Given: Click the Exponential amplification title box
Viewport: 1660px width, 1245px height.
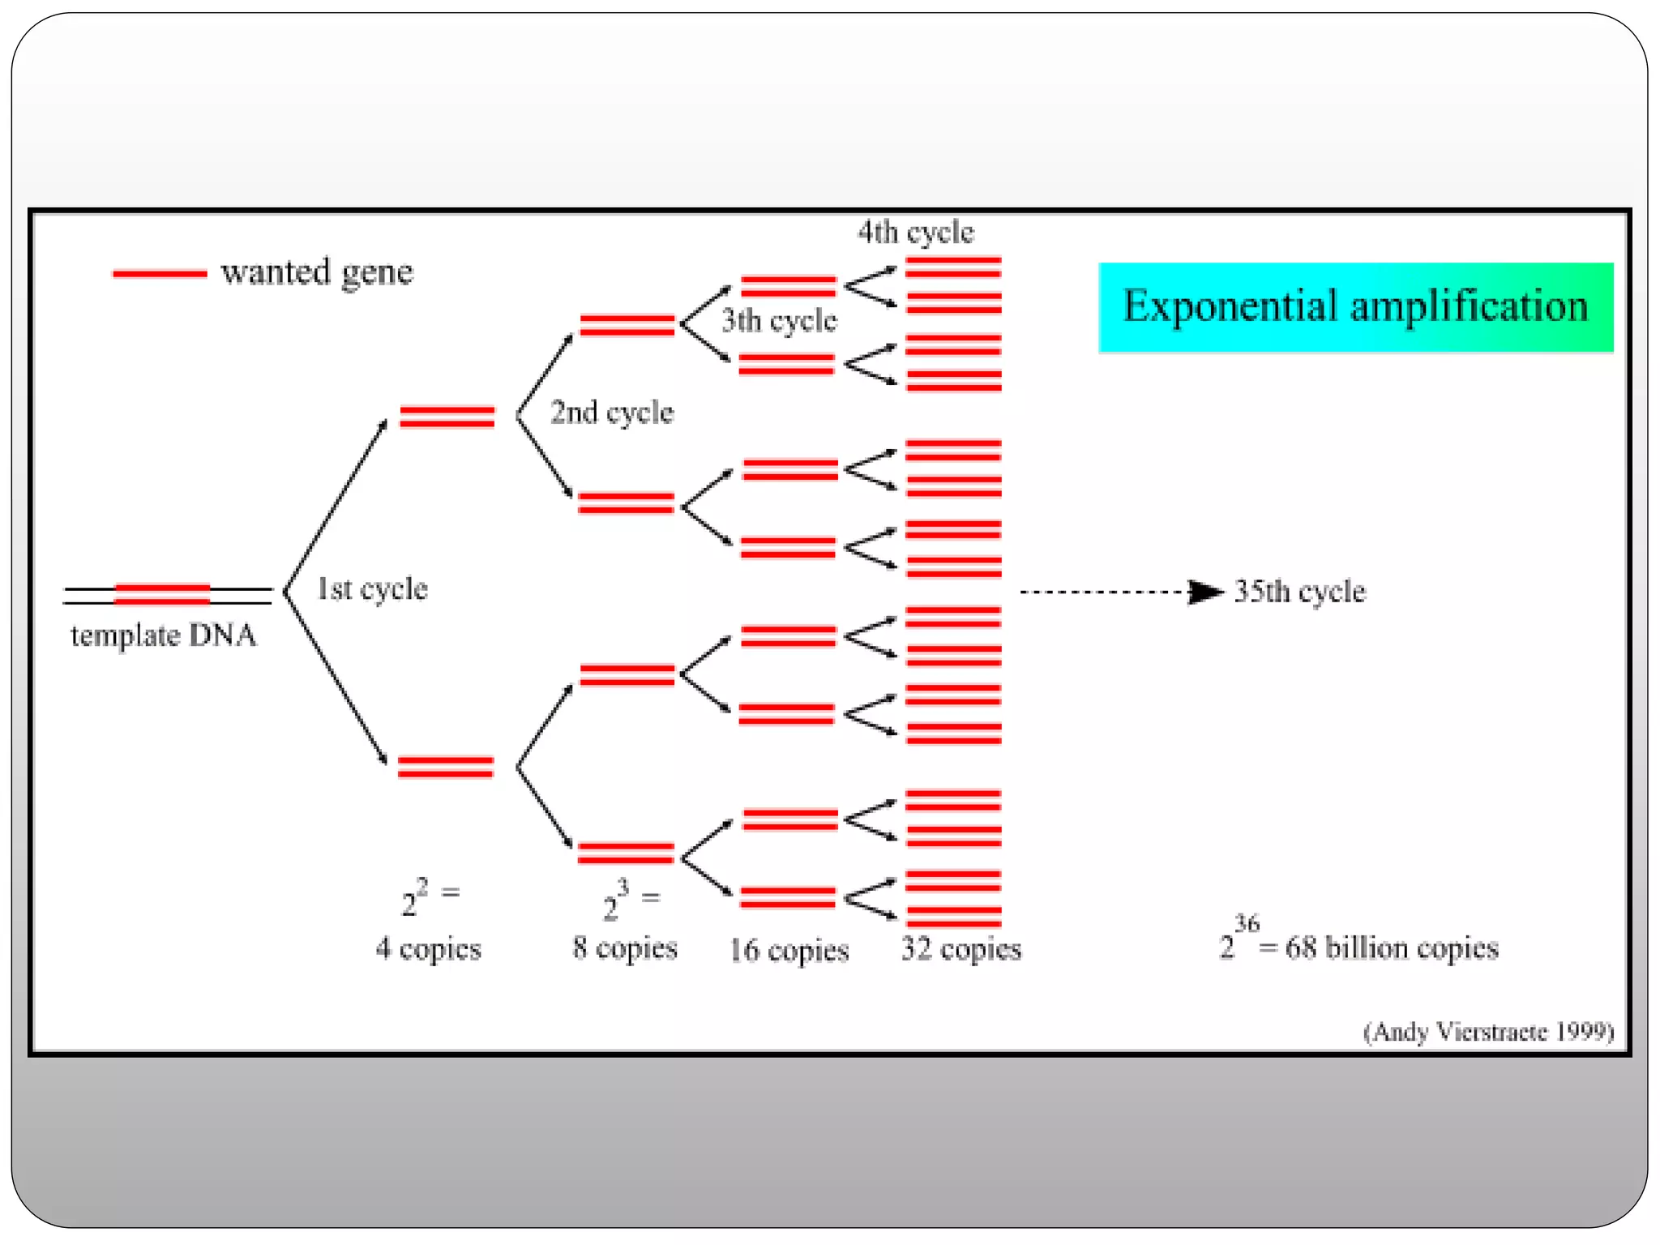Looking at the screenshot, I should [x=1355, y=307].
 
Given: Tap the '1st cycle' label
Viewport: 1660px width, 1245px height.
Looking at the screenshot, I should [x=372, y=589].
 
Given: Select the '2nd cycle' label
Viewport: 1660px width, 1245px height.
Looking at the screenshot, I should [x=612, y=413].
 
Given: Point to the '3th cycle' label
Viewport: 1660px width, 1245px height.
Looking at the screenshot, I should [x=779, y=321].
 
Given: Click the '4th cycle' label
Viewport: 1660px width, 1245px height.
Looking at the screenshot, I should [x=916, y=233].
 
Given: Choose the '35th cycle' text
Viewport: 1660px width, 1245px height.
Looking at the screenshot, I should [x=1299, y=592].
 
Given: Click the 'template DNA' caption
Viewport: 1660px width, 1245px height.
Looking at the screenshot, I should [x=163, y=635].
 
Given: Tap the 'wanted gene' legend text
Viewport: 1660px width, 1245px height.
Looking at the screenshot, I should [x=317, y=272].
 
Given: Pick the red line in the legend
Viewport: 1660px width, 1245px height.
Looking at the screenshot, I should [x=160, y=274].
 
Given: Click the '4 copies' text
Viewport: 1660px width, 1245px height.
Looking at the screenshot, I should [x=428, y=948].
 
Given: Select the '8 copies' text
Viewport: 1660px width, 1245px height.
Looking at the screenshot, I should [x=625, y=948].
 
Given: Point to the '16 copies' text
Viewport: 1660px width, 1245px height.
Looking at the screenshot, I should [x=789, y=950].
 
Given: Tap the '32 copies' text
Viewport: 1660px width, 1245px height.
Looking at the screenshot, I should [x=961, y=948].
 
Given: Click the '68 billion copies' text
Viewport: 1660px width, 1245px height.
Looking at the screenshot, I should [x=1392, y=948].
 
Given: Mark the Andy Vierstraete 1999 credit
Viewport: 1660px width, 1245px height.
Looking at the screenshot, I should [x=1488, y=1032].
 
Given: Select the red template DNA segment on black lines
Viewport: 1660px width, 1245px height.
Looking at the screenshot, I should [x=162, y=594].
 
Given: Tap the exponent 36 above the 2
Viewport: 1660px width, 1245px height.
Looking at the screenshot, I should [x=1247, y=923].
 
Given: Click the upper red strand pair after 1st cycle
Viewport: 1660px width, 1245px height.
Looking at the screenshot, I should [x=447, y=417].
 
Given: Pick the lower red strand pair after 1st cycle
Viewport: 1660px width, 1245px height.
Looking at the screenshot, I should [x=446, y=767].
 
